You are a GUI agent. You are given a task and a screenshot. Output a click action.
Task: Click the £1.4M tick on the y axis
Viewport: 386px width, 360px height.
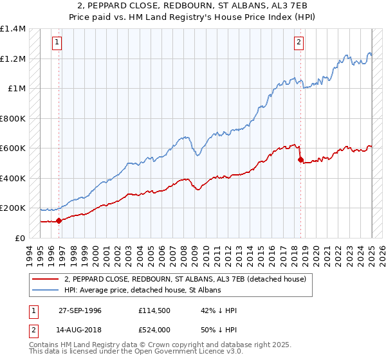point(13,29)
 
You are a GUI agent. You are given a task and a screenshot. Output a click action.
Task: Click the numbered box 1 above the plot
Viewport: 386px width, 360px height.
point(57,43)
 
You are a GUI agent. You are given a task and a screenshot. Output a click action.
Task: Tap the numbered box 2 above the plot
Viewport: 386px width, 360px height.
point(299,43)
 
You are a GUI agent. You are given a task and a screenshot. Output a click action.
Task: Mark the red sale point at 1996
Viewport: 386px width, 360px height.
point(59,221)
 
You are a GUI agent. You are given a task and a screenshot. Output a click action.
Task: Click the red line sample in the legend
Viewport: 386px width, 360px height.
point(47,279)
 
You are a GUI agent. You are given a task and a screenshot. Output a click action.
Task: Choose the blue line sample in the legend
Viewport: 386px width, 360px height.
point(47,290)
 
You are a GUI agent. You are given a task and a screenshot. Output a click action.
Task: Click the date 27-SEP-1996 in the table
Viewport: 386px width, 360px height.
point(80,310)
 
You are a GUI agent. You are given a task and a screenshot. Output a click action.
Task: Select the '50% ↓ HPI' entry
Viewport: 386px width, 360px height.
point(219,329)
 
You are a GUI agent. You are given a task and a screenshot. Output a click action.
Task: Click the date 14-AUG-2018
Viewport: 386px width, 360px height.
point(80,329)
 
